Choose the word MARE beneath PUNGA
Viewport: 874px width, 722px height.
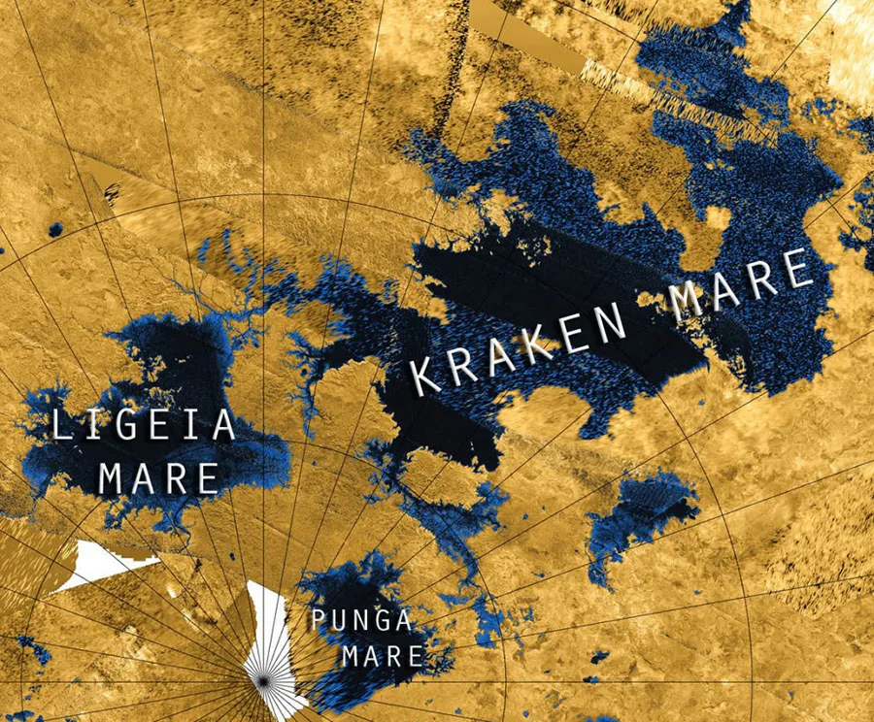[381, 655]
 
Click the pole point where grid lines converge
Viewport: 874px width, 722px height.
[262, 684]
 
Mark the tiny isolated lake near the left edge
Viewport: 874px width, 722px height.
[55, 230]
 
